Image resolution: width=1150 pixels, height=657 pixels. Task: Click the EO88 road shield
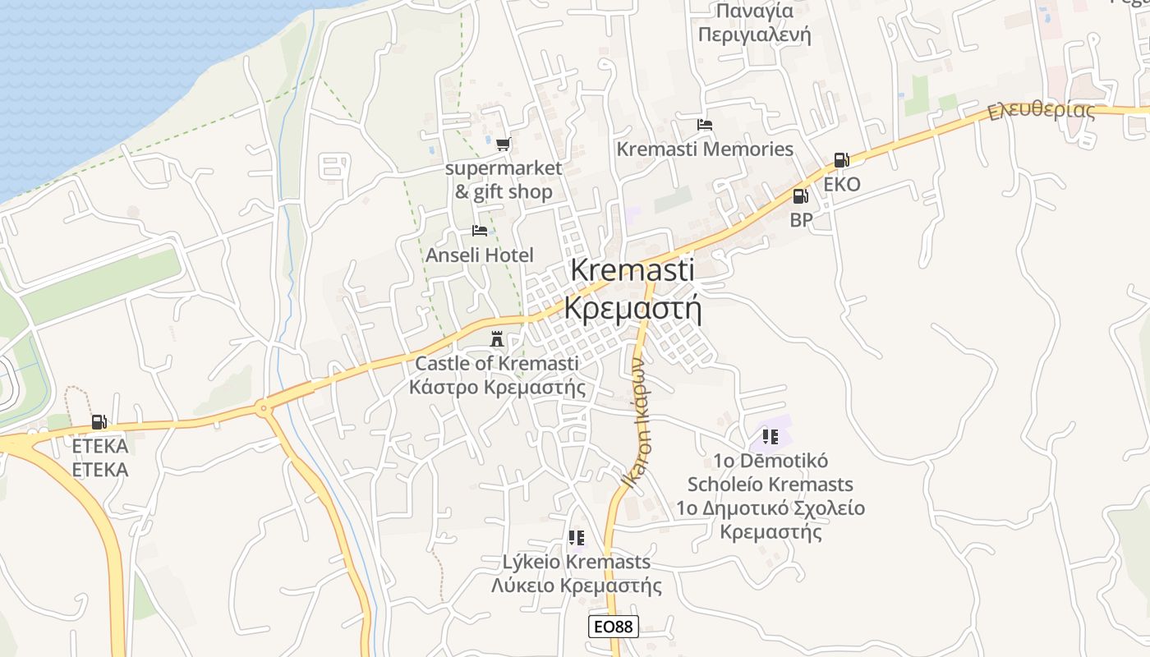coord(614,627)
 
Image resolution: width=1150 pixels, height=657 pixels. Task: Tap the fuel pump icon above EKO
coord(841,160)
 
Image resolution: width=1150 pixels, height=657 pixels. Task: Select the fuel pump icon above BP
coord(800,196)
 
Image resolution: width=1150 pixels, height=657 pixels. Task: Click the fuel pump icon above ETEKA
coord(99,422)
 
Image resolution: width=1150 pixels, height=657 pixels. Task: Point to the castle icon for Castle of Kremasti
coord(496,338)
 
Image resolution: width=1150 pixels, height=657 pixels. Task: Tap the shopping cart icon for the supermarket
coord(503,145)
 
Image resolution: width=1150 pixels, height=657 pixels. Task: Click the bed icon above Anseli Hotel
coord(480,231)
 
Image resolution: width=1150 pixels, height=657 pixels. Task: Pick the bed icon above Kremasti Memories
coord(704,125)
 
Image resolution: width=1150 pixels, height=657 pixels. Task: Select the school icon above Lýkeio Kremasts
coord(577,538)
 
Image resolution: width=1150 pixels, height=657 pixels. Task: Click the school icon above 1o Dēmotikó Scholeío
coord(770,436)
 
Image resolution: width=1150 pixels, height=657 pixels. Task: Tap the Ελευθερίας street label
coord(1042,110)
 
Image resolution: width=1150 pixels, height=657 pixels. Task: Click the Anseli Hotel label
coord(480,255)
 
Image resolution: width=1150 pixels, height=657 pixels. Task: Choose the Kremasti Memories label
coord(705,149)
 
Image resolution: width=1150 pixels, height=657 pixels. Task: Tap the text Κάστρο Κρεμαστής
coord(498,387)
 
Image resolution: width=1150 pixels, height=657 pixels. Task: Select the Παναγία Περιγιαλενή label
coord(754,23)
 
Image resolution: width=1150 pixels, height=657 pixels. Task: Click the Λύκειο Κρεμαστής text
coord(577,586)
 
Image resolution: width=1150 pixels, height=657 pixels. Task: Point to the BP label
coord(801,220)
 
